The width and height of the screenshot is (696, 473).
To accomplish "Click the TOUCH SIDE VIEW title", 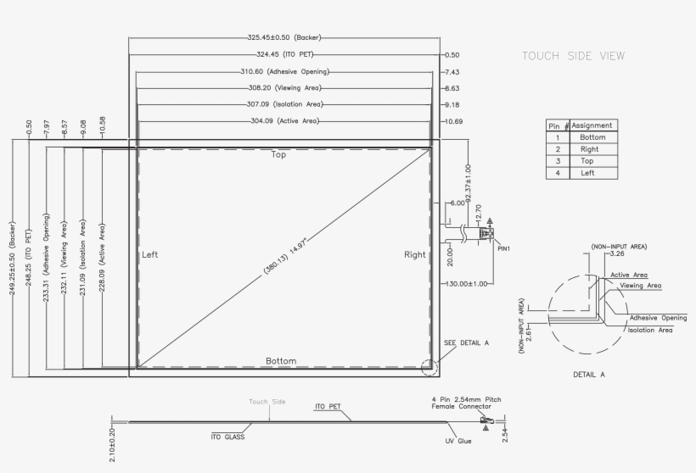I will pos(573,56).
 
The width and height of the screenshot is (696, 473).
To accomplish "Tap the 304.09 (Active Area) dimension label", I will pos(284,121).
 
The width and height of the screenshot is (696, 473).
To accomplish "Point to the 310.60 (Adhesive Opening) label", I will pos(284,71).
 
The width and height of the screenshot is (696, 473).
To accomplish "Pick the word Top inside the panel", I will pos(278,155).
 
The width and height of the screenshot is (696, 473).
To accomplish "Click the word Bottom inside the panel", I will pos(281,361).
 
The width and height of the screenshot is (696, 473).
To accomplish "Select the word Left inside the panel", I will pos(149,254).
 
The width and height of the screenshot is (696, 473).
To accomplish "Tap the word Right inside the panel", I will pos(415,254).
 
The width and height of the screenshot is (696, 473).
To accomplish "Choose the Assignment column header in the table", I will pos(592,125).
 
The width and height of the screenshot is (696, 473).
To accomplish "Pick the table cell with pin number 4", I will pos(558,173).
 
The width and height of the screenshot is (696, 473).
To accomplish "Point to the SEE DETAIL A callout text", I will pos(467,342).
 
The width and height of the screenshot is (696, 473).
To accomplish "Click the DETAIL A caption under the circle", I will pos(590,373).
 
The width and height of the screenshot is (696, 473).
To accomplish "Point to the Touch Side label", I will pos(267,402).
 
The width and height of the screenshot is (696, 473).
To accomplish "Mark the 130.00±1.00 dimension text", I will pos(466,284).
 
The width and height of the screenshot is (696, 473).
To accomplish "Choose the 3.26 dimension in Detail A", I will pos(617,253).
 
